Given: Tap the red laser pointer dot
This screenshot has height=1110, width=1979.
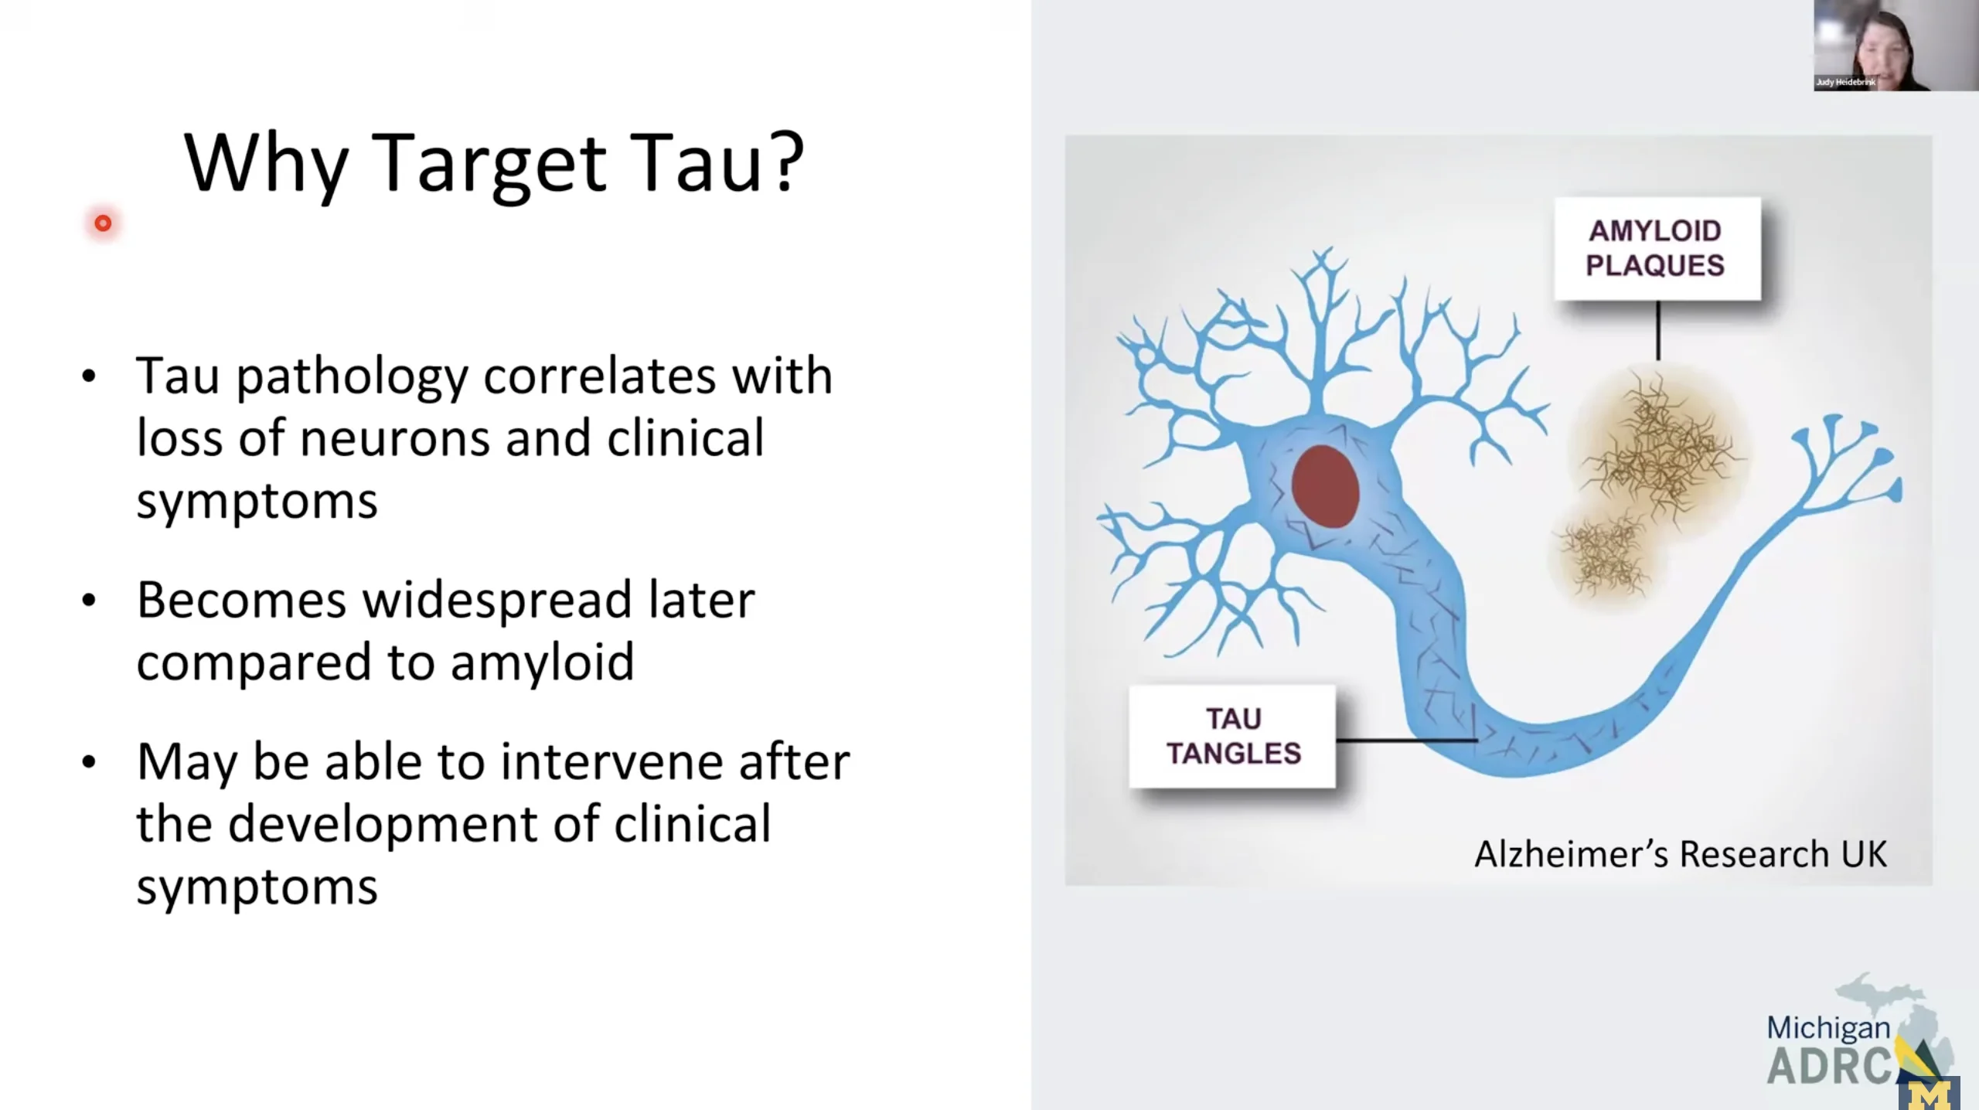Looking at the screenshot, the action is click(x=103, y=223).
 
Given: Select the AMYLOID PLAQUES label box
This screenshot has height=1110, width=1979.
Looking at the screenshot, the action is click(x=1657, y=248).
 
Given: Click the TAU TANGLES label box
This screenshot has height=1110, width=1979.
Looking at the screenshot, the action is click(x=1232, y=736).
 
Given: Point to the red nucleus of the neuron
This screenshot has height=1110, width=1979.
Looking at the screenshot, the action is click(x=1326, y=486).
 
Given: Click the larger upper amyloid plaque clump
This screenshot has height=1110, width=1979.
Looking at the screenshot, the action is click(x=1657, y=448).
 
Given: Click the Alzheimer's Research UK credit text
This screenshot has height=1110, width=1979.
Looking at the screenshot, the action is click(x=1681, y=854).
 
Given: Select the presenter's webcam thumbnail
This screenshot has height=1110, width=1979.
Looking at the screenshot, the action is click(x=1896, y=46).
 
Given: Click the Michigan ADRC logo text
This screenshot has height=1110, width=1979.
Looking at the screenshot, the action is click(x=1829, y=1048).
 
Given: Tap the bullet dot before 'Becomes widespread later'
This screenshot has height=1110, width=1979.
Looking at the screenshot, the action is click(x=89, y=601).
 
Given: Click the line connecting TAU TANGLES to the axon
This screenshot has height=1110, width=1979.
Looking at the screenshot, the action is click(x=1407, y=740).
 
